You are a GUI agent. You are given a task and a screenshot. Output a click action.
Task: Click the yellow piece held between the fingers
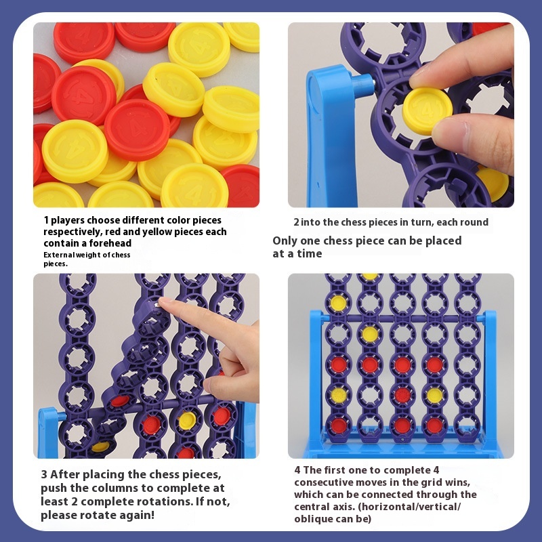428,110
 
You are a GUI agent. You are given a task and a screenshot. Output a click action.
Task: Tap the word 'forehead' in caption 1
110,243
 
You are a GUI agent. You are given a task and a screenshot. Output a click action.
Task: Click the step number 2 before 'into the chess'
296,222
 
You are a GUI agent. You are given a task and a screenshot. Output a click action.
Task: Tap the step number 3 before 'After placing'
44,475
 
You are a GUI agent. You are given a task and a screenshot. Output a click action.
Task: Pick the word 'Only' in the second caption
285,241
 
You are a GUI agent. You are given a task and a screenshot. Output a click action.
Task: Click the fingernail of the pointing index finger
165,300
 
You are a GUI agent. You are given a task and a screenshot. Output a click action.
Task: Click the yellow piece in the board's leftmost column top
338,303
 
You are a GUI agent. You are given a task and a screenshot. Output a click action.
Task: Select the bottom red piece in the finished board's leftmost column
339,425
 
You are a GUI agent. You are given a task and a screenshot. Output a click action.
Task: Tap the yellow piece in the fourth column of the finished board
434,396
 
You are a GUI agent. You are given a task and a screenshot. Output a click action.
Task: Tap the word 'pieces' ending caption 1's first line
207,221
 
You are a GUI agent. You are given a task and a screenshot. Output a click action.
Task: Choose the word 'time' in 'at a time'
310,253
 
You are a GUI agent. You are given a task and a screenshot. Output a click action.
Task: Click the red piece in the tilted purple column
120,401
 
